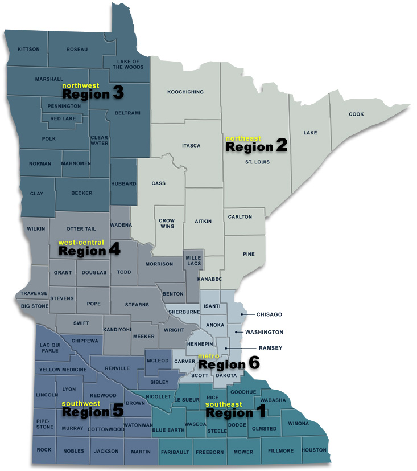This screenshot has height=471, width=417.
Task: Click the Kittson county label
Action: (29, 50)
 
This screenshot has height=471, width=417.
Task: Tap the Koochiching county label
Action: (185, 92)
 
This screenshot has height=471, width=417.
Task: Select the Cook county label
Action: (356, 114)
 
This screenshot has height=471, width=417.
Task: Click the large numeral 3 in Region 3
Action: (118, 93)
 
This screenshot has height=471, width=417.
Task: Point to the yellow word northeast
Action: (243, 138)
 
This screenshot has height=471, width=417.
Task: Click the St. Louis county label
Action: (257, 162)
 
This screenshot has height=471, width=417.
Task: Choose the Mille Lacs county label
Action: (193, 261)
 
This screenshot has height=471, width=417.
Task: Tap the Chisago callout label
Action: (269, 314)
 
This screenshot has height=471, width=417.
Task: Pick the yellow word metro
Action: (208, 357)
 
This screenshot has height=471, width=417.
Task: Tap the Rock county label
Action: (44, 450)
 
